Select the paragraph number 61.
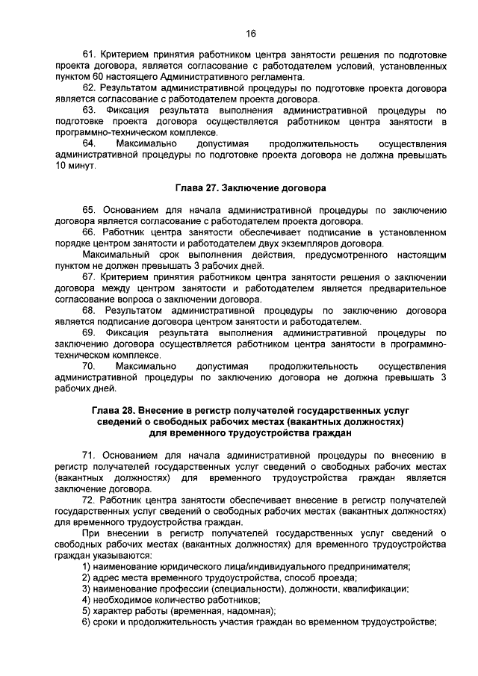tap(89, 55)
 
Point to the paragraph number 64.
tap(89, 143)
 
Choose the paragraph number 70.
tap(89, 366)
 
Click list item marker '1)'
tap(87, 565)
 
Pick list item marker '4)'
tap(87, 599)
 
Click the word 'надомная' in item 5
tap(249, 610)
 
